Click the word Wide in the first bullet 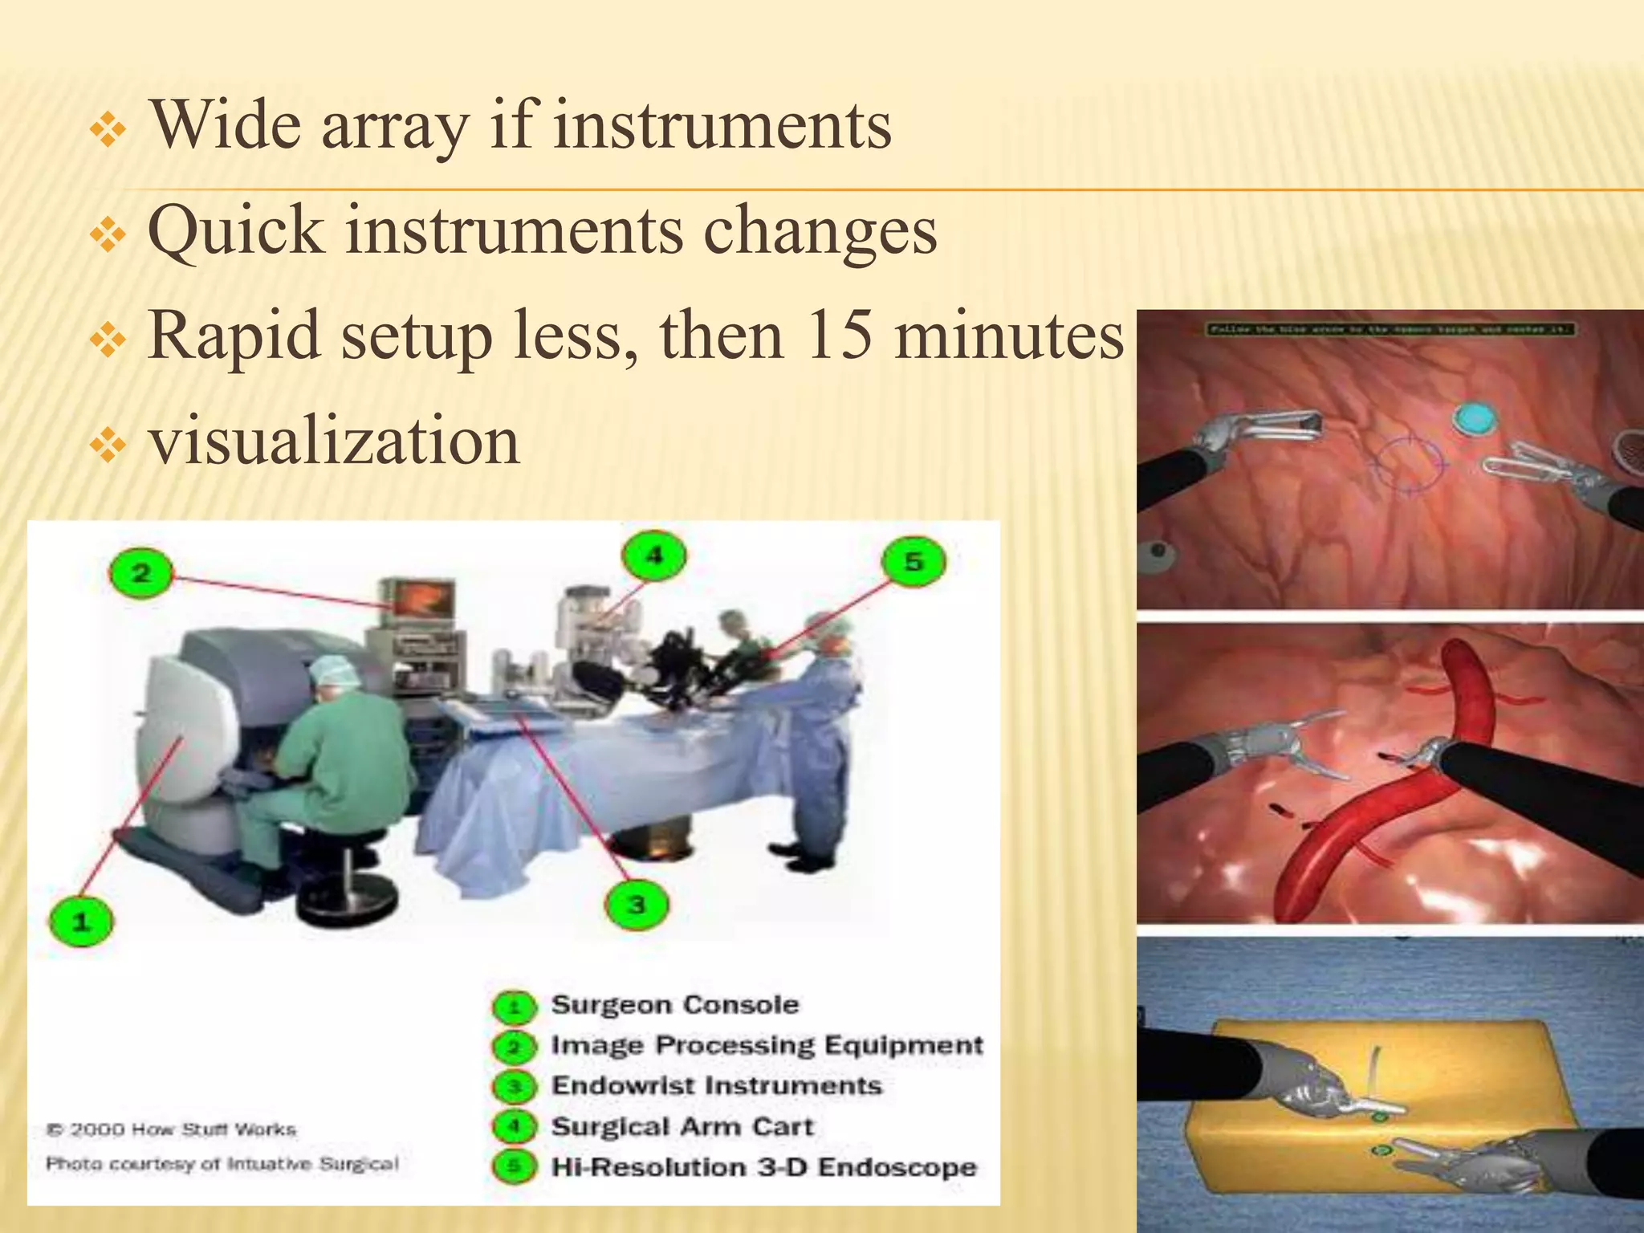(226, 125)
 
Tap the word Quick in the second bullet (235, 230)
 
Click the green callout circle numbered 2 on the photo (140, 573)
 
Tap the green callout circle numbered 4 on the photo (654, 555)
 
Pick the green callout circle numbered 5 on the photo (913, 562)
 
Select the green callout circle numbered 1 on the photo (80, 922)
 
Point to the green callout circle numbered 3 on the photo (636, 905)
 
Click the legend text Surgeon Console (674, 1005)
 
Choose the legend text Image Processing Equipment (766, 1045)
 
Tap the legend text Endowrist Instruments (716, 1086)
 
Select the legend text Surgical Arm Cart (682, 1127)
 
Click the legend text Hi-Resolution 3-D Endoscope (763, 1167)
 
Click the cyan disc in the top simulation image (1475, 418)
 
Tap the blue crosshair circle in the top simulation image (1406, 463)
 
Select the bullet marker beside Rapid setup (108, 341)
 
